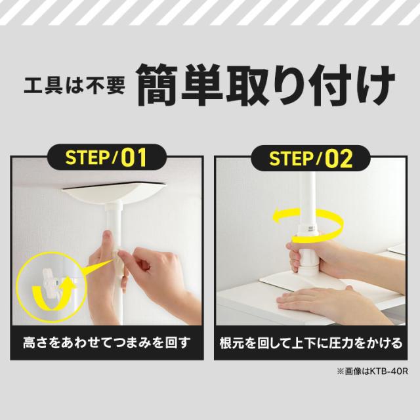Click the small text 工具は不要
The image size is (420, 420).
pos(73,85)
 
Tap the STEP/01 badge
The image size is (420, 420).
pos(105,158)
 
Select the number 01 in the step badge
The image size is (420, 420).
pos(133,158)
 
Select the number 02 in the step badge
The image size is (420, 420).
pos(339,159)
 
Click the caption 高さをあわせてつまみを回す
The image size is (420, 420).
pos(106,343)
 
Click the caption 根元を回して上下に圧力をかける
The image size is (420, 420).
pos(310,343)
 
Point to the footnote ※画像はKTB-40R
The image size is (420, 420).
pos(371,371)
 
